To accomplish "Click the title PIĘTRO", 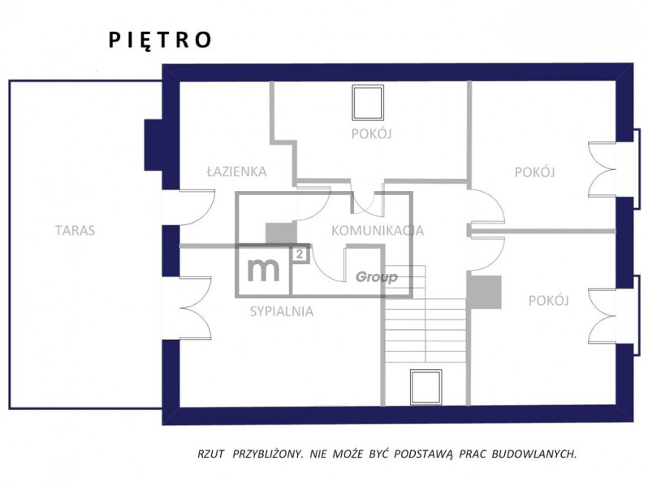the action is click(160, 40).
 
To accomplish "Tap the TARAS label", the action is click(76, 230).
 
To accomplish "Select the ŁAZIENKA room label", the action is click(237, 172).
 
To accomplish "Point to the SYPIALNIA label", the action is click(282, 311).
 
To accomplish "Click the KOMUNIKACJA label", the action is click(378, 230).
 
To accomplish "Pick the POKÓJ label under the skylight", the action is click(372, 134).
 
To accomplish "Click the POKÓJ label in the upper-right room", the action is click(534, 172).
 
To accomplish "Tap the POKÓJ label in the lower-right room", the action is click(548, 300).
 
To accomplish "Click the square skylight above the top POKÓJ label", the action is click(368, 102).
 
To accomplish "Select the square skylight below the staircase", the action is click(426, 387).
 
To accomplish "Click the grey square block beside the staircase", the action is click(484, 292).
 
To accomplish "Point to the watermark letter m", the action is click(263, 269).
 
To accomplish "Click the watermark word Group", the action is click(377, 277).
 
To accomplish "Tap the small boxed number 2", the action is click(300, 254).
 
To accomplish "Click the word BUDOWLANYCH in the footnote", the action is click(534, 454).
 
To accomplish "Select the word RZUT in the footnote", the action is click(211, 454).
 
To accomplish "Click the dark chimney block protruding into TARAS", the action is click(153, 146).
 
